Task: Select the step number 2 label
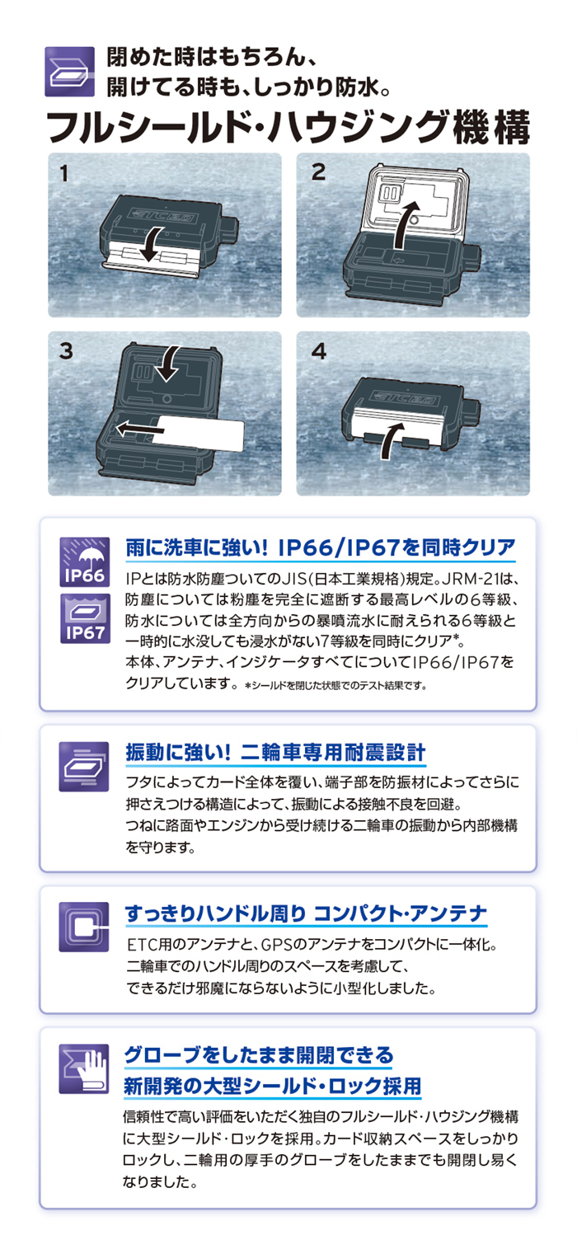tap(318, 173)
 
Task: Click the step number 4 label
tap(319, 350)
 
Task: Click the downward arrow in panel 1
tap(151, 245)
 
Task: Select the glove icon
tap(83, 1069)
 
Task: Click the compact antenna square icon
tap(83, 927)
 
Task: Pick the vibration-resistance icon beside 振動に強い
tap(83, 766)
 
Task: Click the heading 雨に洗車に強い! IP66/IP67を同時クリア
tap(321, 547)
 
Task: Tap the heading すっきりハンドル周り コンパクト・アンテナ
tap(306, 913)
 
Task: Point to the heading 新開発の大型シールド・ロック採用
tap(273, 1085)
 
